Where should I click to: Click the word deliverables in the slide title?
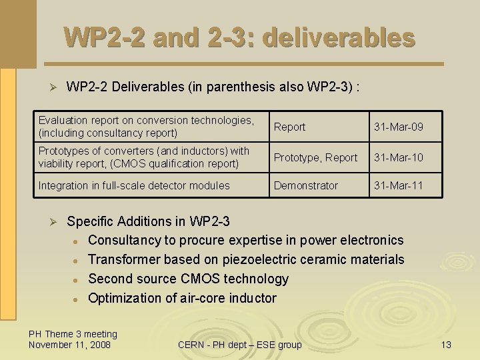(x=339, y=37)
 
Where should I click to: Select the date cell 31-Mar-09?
(x=399, y=127)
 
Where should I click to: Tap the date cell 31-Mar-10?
(x=399, y=157)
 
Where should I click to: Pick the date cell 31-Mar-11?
(x=399, y=185)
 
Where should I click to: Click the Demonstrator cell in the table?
(x=306, y=185)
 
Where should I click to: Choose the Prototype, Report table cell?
(x=315, y=157)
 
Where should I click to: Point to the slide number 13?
(x=446, y=345)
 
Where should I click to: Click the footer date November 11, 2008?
(x=70, y=345)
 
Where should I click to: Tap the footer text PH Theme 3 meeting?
(x=73, y=334)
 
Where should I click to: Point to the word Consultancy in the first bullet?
(x=123, y=240)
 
